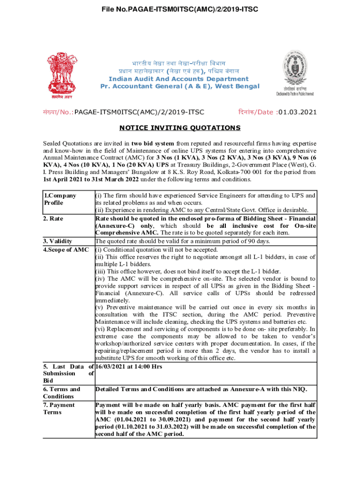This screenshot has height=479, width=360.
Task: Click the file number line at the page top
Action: pos(180,9)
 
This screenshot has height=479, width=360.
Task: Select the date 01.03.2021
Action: pos(297,112)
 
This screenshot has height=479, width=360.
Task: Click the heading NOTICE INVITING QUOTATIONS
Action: pos(180,128)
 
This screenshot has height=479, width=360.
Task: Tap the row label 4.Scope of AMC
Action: pos(66,249)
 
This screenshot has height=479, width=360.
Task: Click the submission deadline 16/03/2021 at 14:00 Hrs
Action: pos(129,366)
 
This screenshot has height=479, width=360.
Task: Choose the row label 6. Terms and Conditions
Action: pos(62,392)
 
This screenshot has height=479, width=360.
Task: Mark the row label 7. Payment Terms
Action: pos(59,408)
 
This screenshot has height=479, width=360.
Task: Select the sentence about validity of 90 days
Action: pos(183,241)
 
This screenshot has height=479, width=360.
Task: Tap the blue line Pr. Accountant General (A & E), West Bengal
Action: pos(180,87)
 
